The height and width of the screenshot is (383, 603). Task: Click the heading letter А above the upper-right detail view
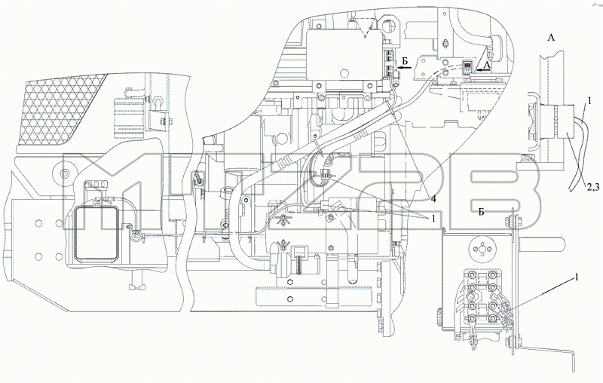551,37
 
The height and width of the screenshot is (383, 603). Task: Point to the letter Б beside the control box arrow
404,61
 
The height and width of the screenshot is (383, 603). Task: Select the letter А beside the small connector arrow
487,66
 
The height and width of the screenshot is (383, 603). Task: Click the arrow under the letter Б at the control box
405,68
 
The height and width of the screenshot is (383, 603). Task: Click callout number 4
433,198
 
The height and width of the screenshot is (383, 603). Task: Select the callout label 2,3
593,187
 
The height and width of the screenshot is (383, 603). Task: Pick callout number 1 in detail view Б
576,277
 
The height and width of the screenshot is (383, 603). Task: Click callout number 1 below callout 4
433,218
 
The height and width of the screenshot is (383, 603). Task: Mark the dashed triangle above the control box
364,28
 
